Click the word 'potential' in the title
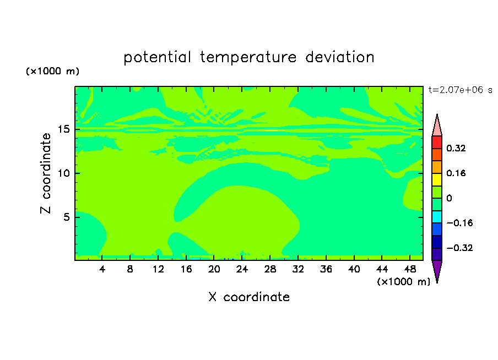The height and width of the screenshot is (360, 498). (157, 57)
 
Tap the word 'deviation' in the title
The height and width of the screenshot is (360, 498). (340, 57)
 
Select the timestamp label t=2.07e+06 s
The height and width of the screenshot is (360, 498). (460, 90)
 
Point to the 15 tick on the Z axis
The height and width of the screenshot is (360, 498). (63, 129)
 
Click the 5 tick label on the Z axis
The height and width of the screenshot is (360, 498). (66, 217)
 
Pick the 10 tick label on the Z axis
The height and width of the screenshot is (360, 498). (63, 173)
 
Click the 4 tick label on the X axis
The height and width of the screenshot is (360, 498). (102, 269)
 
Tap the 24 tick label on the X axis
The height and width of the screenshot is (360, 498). (242, 269)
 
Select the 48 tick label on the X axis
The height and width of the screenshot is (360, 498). (410, 269)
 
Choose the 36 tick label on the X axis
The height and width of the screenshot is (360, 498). (326, 269)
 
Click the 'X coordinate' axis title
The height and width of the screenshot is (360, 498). (249, 297)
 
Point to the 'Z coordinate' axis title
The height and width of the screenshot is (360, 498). (46, 173)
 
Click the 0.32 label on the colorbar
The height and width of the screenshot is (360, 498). (456, 148)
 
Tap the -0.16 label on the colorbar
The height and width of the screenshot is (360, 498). (459, 223)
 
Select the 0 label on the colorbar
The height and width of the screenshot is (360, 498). (449, 198)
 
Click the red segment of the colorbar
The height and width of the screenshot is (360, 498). (437, 142)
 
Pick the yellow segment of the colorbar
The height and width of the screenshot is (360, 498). (437, 179)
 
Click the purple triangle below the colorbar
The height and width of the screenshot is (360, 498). (437, 270)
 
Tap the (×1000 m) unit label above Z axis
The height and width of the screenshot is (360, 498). (52, 71)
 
